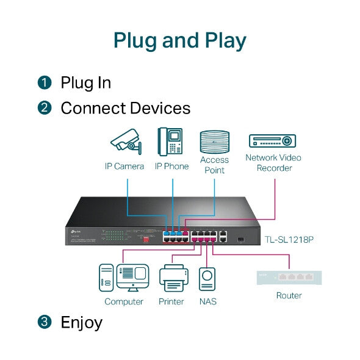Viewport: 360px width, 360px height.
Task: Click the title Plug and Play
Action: pos(180,40)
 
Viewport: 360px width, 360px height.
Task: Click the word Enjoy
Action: pos(81,322)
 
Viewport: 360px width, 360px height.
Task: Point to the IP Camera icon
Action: pos(126,142)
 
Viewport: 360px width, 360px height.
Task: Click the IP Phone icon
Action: pos(171,142)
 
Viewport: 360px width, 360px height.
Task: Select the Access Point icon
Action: pos(214,142)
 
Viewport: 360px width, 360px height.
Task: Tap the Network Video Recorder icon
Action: pos(273,141)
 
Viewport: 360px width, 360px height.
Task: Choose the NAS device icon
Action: pos(207,279)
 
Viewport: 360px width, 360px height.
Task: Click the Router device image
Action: pos(289,277)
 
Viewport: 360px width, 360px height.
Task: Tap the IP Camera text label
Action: pos(124,166)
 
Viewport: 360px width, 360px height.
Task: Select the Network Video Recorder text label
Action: pos(273,163)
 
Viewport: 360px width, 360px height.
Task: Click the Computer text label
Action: pos(124,301)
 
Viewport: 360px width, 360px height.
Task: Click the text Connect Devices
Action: pos(125,109)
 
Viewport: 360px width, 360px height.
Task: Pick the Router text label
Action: pos(289,295)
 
